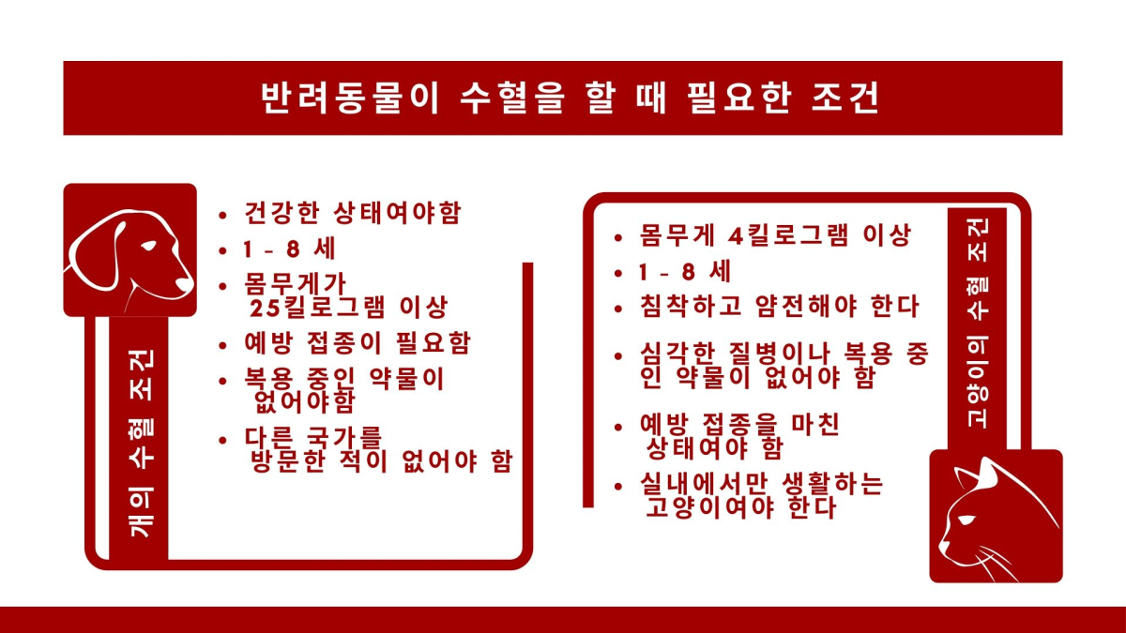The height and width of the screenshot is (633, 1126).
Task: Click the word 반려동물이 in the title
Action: pyautogui.click(x=350, y=98)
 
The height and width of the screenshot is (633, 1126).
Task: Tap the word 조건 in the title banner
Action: pyautogui.click(x=845, y=98)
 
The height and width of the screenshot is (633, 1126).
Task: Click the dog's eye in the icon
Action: pyautogui.click(x=148, y=246)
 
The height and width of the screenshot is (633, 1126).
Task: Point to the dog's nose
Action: pyautogui.click(x=185, y=284)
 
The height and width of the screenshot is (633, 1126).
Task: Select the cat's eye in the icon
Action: pyautogui.click(x=966, y=520)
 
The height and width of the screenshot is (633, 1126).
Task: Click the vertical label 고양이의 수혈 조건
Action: pyautogui.click(x=977, y=323)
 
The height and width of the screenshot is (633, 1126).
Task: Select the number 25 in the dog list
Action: pyautogui.click(x=265, y=308)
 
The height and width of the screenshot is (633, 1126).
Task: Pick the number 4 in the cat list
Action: pyautogui.click(x=736, y=235)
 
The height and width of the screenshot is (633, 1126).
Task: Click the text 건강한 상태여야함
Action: pyautogui.click(x=353, y=213)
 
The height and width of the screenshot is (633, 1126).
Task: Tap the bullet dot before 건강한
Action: pyautogui.click(x=222, y=216)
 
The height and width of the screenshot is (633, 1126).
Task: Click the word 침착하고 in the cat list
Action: pyautogui.click(x=691, y=306)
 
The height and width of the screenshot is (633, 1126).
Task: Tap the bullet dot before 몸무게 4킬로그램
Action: pyautogui.click(x=618, y=238)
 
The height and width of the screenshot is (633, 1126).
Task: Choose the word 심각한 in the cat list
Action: pyautogui.click(x=677, y=354)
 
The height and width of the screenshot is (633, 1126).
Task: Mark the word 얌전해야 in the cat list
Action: pyautogui.click(x=806, y=306)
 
